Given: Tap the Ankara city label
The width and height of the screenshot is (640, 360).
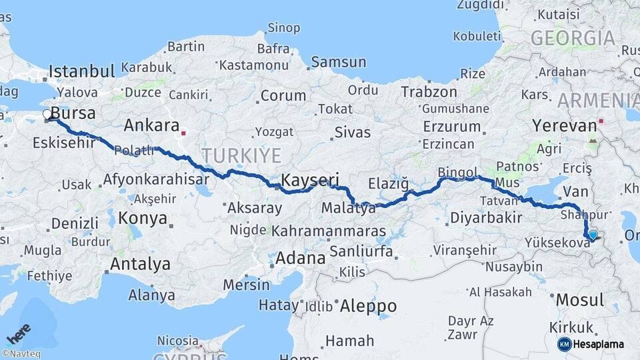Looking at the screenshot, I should pyautogui.click(x=151, y=125).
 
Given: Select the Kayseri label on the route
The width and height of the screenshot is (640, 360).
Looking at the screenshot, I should pyautogui.click(x=310, y=180).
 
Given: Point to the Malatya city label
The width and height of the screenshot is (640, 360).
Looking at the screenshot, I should pyautogui.click(x=349, y=208).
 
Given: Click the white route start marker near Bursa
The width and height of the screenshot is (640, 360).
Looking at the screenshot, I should pyautogui.click(x=48, y=115).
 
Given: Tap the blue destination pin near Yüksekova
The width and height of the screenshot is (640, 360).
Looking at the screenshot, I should pyautogui.click(x=593, y=234).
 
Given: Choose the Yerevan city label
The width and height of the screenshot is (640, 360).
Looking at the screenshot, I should pyautogui.click(x=564, y=125).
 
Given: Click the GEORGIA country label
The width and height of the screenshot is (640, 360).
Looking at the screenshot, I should pyautogui.click(x=573, y=38).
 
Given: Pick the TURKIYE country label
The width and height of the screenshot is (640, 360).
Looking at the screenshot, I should pyautogui.click(x=242, y=155).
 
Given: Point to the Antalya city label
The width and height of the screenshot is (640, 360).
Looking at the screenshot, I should pyautogui.click(x=140, y=264).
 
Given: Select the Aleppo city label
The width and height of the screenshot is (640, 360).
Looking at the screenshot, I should pyautogui.click(x=368, y=306).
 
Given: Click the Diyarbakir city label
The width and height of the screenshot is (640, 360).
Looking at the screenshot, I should pyautogui.click(x=485, y=217).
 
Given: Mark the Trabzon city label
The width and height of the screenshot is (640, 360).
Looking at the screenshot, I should pyautogui.click(x=430, y=92).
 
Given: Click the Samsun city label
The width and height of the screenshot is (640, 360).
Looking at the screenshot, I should pyautogui.click(x=338, y=62).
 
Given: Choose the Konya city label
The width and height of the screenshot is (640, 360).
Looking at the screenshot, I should pyautogui.click(x=143, y=217).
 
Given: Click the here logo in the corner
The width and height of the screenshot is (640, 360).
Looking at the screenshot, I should pyautogui.click(x=18, y=332).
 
